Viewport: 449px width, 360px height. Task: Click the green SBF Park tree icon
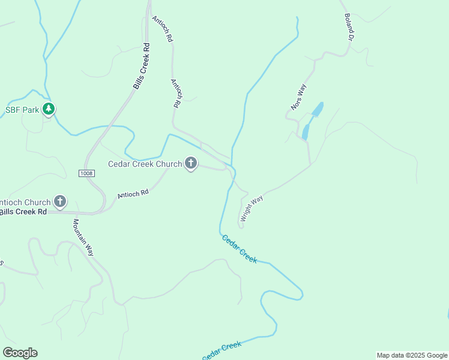(49, 110)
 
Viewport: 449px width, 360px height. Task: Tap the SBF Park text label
(22, 110)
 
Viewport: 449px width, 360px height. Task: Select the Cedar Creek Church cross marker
(191, 163)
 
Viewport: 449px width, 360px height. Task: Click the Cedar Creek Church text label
(145, 164)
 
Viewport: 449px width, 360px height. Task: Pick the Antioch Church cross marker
(60, 202)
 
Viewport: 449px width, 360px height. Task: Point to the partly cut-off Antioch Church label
(24, 202)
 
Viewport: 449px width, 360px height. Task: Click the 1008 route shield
(86, 173)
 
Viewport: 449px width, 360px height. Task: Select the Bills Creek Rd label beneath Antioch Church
(23, 212)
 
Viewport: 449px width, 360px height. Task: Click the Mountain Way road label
(83, 237)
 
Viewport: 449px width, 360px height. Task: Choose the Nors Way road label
(299, 97)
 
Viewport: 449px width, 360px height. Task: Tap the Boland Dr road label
(348, 27)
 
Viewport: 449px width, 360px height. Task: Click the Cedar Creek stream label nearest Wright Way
(240, 248)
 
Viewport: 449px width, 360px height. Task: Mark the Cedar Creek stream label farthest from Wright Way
(221, 350)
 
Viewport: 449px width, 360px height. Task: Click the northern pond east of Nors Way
(317, 109)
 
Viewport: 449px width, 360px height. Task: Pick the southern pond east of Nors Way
(306, 131)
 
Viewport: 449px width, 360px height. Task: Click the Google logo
(20, 353)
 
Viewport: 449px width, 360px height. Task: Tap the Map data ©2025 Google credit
(412, 355)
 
